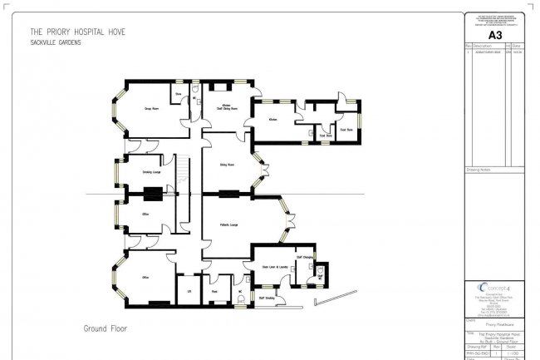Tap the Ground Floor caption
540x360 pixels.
(103, 329)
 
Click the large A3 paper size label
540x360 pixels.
(494, 35)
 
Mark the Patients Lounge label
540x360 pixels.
(229, 224)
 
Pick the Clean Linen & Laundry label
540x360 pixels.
(275, 266)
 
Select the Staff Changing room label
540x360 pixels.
(304, 257)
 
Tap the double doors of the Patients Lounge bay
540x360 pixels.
(287, 217)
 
